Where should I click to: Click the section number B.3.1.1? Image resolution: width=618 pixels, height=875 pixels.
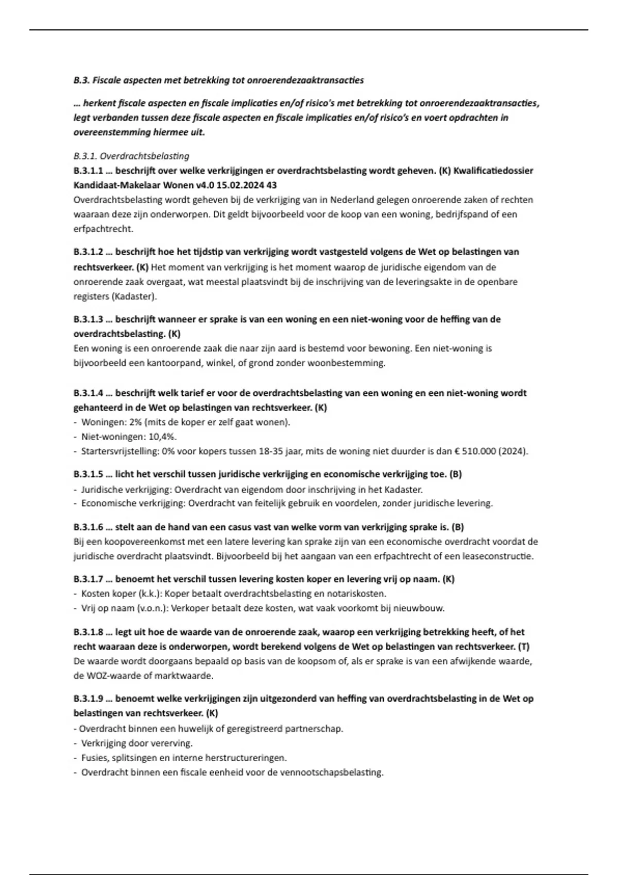[88, 170]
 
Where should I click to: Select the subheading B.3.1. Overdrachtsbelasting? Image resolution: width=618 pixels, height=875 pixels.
[131, 156]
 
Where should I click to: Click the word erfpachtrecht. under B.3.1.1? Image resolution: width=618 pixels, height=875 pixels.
[103, 229]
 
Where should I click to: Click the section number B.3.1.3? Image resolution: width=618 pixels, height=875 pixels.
[88, 319]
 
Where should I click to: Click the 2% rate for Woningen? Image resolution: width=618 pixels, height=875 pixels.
[136, 422]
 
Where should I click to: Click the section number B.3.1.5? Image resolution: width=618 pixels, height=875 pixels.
[88, 474]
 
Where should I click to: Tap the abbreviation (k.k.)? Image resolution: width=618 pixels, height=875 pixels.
[148, 593]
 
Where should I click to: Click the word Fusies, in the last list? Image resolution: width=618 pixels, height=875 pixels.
[94, 758]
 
